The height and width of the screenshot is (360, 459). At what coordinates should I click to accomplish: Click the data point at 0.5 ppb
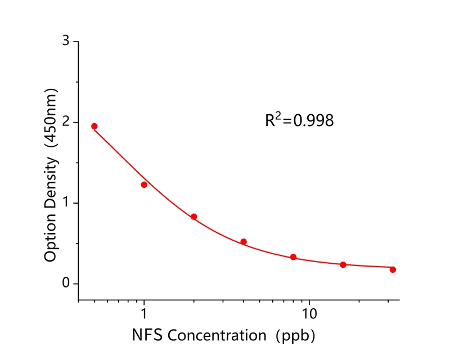click(x=94, y=126)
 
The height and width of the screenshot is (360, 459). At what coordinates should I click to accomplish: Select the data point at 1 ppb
click(x=144, y=184)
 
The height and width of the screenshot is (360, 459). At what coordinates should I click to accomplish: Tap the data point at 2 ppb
click(x=194, y=217)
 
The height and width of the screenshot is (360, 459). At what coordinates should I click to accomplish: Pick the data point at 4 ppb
click(x=244, y=242)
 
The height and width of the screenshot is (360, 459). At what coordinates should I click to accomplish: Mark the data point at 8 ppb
click(x=293, y=257)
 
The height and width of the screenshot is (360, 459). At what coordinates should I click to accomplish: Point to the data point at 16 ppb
click(x=343, y=264)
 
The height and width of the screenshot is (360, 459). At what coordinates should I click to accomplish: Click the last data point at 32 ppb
click(x=393, y=269)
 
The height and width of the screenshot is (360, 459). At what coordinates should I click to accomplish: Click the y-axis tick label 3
click(x=66, y=42)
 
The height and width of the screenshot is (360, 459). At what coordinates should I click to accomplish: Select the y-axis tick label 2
click(x=66, y=122)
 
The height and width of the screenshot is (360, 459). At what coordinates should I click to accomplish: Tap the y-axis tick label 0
click(x=66, y=283)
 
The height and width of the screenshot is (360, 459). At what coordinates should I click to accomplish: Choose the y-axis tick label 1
click(x=66, y=203)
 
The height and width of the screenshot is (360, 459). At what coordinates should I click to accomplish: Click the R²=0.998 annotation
click(x=299, y=120)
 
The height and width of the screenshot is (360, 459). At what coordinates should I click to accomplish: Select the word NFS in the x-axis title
click(x=148, y=336)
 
